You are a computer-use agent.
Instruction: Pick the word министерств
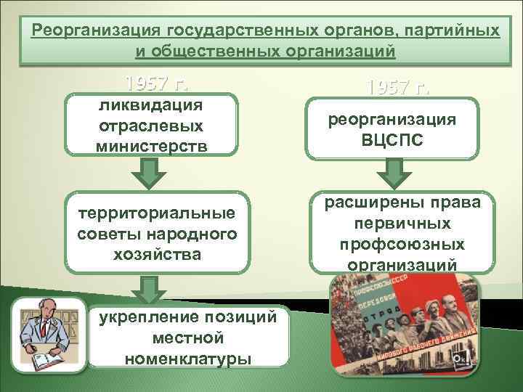151,145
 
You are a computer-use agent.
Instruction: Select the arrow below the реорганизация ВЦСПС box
392,174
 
